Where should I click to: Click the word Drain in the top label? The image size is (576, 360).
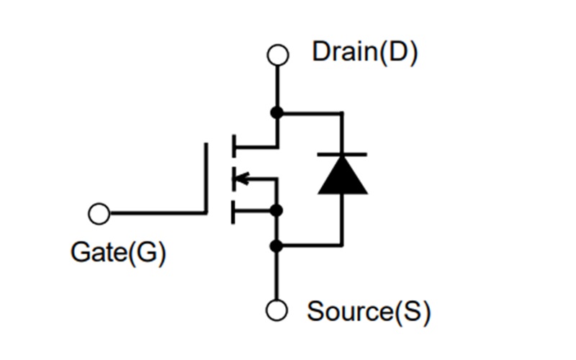tap(344, 51)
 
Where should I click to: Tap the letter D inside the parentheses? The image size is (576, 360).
tap(398, 51)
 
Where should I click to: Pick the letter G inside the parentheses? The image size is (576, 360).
tap(147, 253)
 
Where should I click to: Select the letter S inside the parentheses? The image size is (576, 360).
tap(412, 312)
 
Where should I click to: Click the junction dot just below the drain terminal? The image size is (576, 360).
tap(277, 112)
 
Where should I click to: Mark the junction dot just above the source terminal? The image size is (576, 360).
tap(276, 246)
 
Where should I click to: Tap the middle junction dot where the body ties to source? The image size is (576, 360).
tap(276, 211)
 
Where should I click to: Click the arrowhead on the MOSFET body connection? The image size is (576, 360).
tap(241, 179)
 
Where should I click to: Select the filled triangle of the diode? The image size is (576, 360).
tap(343, 175)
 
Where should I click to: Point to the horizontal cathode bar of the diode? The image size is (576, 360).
tap(342, 155)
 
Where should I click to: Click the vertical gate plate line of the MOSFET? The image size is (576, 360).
tap(206, 179)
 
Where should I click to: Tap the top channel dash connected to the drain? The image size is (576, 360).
tap(233, 146)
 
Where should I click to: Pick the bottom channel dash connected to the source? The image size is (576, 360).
tap(233, 212)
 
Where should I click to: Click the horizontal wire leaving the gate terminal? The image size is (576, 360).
tap(158, 213)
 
